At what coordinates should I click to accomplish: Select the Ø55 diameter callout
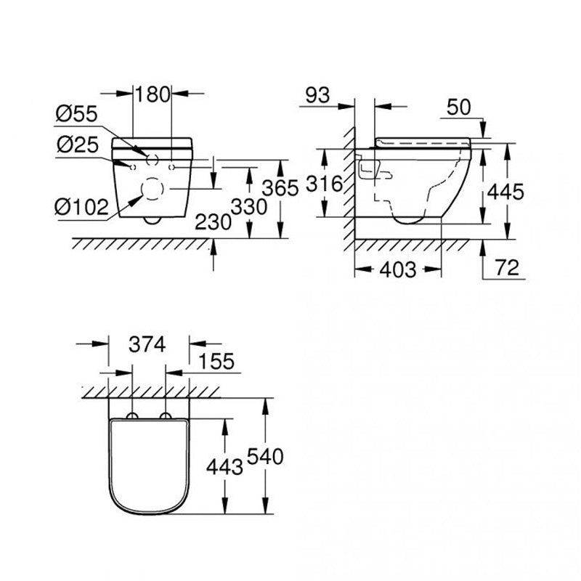tap(76, 115)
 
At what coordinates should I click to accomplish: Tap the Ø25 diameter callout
tap(76, 145)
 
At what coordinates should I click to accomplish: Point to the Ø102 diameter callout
tap(81, 207)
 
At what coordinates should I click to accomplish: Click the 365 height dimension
tap(281, 188)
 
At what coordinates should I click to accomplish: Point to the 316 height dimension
tap(323, 184)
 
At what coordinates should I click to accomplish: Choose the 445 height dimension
tap(505, 192)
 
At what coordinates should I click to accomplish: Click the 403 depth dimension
tap(399, 270)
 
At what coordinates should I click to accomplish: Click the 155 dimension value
tap(214, 362)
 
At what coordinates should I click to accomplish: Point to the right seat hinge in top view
tap(166, 416)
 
